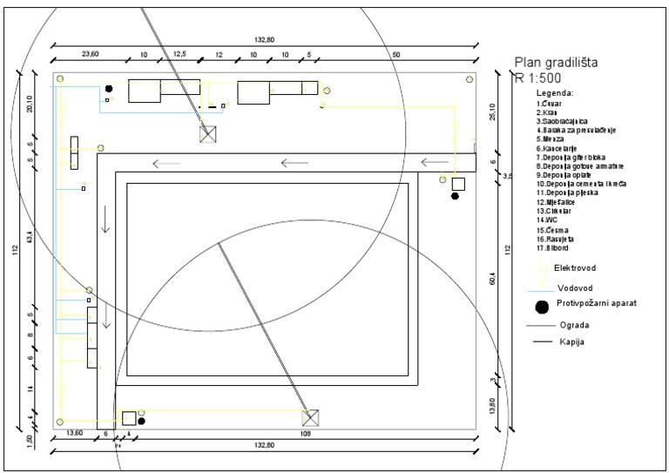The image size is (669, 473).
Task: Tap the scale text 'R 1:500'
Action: tap(537, 78)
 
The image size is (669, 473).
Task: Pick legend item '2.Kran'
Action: tap(547, 112)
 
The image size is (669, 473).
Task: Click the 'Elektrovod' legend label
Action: tap(574, 267)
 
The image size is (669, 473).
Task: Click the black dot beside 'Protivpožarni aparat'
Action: tap(543, 306)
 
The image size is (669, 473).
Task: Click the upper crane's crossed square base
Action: tap(207, 133)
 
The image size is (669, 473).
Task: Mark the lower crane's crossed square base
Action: tap(311, 417)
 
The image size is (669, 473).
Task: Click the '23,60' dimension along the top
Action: tap(91, 54)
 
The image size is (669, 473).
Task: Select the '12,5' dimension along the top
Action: tap(180, 54)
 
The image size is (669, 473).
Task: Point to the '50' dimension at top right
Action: tap(396, 54)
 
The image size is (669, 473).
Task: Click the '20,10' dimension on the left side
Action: tap(30, 105)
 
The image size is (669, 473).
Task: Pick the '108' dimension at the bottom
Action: tap(305, 433)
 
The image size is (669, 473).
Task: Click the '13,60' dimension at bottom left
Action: tap(75, 433)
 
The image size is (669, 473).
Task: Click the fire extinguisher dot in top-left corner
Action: tap(109, 89)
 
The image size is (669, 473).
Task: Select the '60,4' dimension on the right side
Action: tap(492, 280)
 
